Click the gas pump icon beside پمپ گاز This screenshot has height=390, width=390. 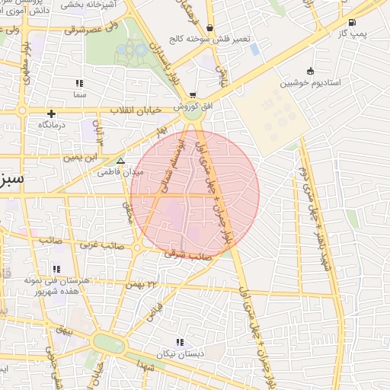point(351,22)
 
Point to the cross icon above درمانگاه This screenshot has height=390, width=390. point(51,113)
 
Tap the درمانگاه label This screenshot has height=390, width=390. point(51,123)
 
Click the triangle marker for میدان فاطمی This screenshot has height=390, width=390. point(120,161)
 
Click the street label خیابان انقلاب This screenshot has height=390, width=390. point(136,110)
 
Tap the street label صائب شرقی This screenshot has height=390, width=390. point(187,256)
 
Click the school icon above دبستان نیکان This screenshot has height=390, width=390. point(180,343)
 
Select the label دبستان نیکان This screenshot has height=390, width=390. point(181,354)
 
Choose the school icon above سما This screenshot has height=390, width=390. point(79,83)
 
